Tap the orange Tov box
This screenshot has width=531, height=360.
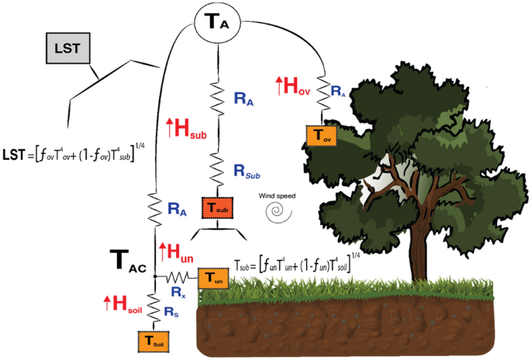(322, 135)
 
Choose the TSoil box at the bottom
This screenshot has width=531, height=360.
(152, 339)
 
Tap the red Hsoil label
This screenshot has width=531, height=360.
(123, 303)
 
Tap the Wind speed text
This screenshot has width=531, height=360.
(276, 193)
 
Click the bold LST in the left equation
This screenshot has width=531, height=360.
(14, 155)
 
